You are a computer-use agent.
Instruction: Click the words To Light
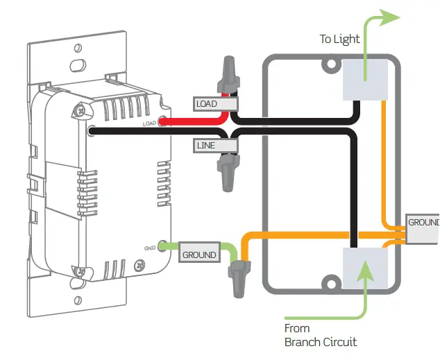click(339, 39)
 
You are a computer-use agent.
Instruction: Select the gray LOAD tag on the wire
click(206, 104)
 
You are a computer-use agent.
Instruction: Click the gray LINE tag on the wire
click(206, 145)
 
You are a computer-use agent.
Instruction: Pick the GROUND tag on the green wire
click(198, 255)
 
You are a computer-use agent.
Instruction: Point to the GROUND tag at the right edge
click(423, 223)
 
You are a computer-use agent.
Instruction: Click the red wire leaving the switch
click(177, 122)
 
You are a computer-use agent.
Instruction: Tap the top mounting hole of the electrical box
click(328, 67)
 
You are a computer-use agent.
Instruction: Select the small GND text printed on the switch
click(148, 247)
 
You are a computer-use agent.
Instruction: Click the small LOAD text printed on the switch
click(149, 123)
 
